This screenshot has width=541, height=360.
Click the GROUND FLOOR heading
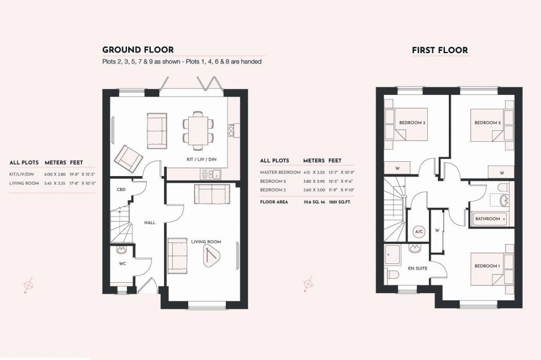[x=138, y=50]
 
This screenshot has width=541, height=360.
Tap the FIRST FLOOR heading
[x=439, y=50]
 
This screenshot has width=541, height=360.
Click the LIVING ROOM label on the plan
[x=206, y=242]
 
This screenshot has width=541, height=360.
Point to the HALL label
[x=150, y=223]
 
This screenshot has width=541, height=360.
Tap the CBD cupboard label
[x=121, y=189]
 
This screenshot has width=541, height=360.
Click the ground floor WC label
[x=123, y=263]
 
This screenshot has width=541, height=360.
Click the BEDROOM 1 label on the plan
[x=487, y=267]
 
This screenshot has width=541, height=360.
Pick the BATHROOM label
[x=487, y=219]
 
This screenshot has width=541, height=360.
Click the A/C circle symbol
[x=418, y=232]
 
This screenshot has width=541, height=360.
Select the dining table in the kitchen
[x=197, y=130]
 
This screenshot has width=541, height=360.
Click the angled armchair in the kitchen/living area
[x=129, y=157]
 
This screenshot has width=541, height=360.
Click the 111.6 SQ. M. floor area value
[x=314, y=202]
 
